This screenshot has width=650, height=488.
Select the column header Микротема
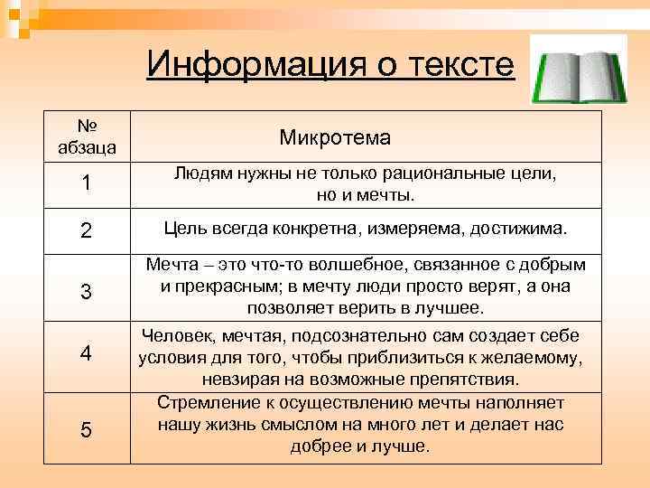tap(335, 137)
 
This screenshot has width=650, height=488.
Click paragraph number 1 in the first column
tap(86, 183)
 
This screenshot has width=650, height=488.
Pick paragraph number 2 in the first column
tap(86, 231)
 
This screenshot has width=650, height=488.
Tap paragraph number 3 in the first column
tap(86, 293)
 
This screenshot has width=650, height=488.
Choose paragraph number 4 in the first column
tap(86, 353)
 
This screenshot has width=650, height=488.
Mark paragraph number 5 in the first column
tap(86, 430)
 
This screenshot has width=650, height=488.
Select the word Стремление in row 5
tap(205, 401)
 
